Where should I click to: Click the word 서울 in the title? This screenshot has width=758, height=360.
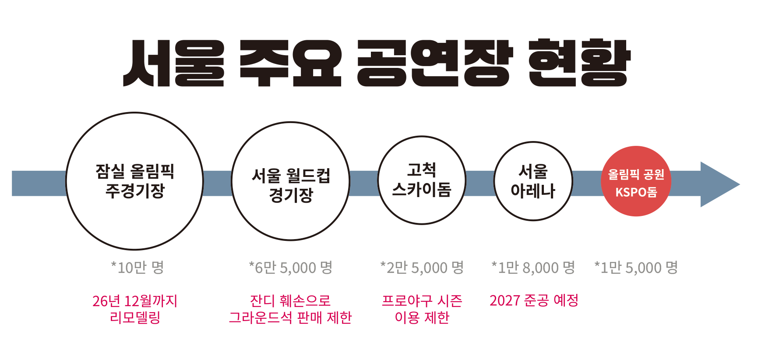tap(174, 63)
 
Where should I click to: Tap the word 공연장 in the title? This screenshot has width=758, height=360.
tap(434, 63)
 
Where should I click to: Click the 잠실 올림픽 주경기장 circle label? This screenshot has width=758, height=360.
tap(135, 181)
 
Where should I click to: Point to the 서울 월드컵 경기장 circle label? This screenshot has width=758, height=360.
tap(291, 185)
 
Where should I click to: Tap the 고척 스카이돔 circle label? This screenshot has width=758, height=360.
tap(422, 180)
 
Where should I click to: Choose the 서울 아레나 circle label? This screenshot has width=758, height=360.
tap(533, 181)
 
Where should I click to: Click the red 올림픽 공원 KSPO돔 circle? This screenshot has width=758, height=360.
tap(636, 181)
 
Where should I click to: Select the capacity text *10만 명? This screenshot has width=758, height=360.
tap(137, 267)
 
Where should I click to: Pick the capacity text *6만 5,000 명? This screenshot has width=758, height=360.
tap(291, 267)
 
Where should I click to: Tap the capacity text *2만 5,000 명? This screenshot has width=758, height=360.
tap(422, 267)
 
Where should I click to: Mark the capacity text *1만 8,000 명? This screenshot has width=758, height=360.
tap(533, 267)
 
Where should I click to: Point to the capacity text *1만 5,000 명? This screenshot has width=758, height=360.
tap(636, 267)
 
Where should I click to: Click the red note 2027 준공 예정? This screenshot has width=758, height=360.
tap(534, 300)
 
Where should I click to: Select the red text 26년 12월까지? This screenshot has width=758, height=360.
tap(135, 301)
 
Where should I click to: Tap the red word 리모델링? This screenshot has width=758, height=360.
tap(135, 318)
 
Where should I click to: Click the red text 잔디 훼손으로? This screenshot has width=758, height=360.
tap(290, 301)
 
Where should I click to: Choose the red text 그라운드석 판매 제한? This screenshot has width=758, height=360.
tap(290, 318)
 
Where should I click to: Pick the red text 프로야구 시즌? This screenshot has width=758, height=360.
tap(422, 301)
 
